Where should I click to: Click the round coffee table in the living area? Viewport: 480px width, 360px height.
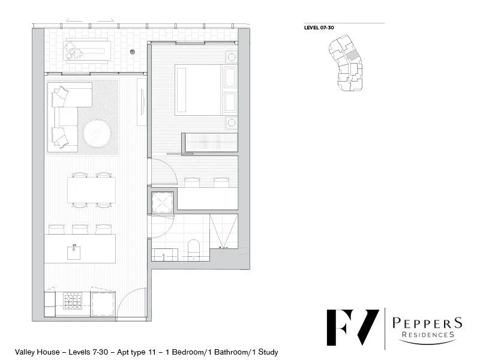click(97, 134)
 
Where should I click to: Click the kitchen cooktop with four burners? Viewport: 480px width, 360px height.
click(73, 299)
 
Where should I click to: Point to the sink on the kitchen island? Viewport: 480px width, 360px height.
click(75, 250)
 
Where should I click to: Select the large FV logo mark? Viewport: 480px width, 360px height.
click(352, 329)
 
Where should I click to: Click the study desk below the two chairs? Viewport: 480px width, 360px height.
click(207, 197)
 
